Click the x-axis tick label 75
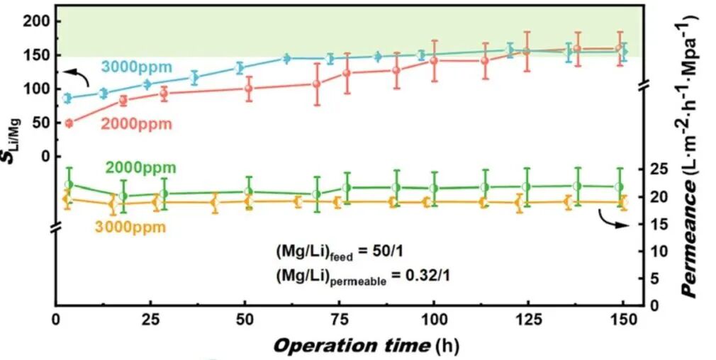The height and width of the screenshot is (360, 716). click(340, 320)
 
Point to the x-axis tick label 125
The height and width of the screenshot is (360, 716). click(527, 320)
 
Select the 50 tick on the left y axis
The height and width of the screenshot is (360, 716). click(41, 123)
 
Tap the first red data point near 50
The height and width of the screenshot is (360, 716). click(69, 123)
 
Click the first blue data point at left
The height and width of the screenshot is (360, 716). click(68, 99)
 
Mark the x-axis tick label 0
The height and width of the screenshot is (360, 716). click(57, 320)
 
